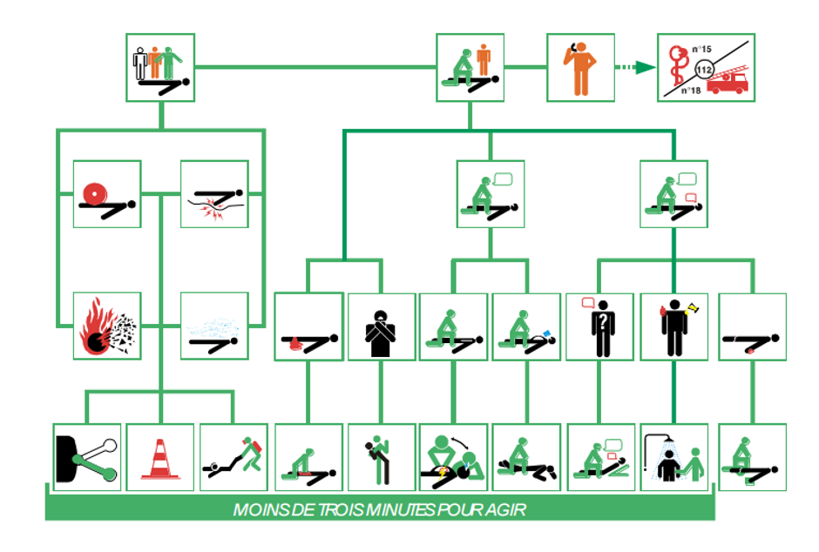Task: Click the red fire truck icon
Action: (728, 82)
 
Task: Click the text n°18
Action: (688, 90)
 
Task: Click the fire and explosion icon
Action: (106, 326)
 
